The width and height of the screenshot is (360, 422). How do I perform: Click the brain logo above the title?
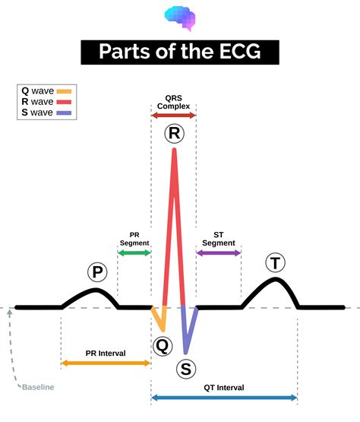180,18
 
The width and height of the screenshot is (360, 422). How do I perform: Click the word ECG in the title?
240,51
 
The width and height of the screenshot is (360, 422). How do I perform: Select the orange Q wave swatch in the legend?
64,91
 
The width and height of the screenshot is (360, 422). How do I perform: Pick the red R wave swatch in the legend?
64,102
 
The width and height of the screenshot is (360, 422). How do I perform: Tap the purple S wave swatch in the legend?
64,113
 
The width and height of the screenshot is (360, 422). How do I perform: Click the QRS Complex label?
174,102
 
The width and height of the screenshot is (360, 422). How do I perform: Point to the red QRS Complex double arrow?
174,116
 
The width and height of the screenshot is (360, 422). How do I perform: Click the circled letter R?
175,134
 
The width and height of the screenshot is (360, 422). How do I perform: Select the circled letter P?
98,271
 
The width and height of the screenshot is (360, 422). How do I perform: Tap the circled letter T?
275,263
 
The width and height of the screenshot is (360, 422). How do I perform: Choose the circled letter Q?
163,346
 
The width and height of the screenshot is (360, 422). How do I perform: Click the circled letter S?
186,369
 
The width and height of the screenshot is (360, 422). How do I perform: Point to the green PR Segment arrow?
134,252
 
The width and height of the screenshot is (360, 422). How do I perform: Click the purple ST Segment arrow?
219,252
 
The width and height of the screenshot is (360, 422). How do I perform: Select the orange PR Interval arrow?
106,363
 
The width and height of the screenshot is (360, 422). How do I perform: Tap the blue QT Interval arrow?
224,398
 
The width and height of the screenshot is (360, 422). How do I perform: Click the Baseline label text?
38,387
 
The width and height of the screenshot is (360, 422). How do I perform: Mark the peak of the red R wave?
174,150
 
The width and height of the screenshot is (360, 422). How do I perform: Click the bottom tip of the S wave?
185,353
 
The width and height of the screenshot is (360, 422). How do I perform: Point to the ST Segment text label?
219,239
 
